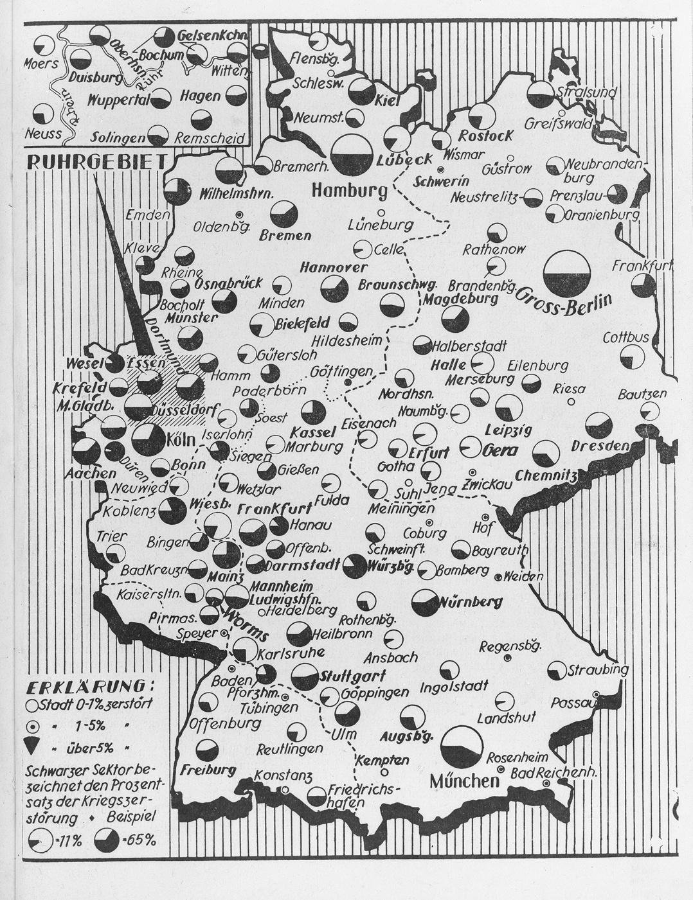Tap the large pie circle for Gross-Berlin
pyautogui.click(x=566, y=273)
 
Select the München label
pyautogui.click(x=464, y=781)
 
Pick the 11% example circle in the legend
pyautogui.click(x=41, y=839)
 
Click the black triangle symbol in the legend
pyautogui.click(x=33, y=748)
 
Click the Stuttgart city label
pyautogui.click(x=352, y=676)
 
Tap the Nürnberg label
pyautogui.click(x=471, y=603)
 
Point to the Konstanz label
pyautogui.click(x=283, y=775)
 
